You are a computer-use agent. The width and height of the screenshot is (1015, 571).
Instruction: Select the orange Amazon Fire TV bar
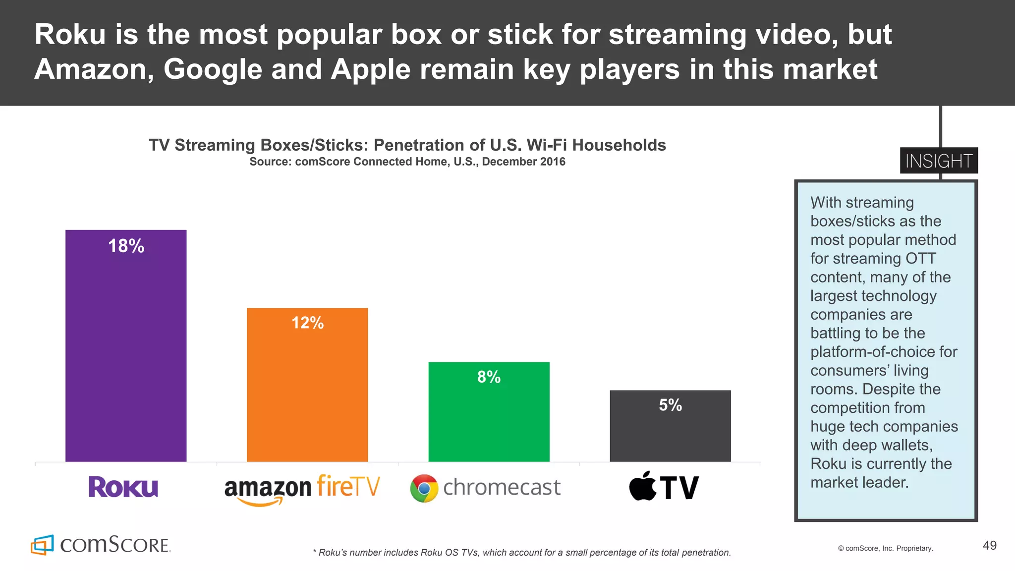tap(307, 392)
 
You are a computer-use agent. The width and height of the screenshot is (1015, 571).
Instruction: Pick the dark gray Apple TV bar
tap(670, 431)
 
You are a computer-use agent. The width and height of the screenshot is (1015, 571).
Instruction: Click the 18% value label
tap(126, 246)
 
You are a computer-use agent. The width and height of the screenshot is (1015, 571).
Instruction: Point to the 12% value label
tap(307, 323)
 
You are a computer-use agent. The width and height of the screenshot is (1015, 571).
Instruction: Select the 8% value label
tap(489, 377)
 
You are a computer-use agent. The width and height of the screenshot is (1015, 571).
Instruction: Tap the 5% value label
tap(670, 405)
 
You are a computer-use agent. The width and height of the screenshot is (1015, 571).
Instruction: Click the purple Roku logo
tap(123, 487)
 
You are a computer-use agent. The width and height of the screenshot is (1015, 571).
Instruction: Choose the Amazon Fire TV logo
tap(302, 489)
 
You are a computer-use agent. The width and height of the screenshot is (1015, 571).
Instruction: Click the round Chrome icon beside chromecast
tap(424, 488)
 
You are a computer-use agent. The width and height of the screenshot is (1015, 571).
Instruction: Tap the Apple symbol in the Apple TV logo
tap(642, 486)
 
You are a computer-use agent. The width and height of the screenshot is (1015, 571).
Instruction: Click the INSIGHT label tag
tap(939, 161)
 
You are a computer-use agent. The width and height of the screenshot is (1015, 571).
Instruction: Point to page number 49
tap(989, 546)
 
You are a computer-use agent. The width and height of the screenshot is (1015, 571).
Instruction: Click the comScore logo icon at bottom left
tap(42, 545)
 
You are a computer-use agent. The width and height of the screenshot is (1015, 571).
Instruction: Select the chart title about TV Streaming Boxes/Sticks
tap(407, 145)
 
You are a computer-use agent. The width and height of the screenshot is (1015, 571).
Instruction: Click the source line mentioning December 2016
tap(407, 162)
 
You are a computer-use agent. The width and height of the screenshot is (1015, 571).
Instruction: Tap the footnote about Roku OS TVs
tap(522, 552)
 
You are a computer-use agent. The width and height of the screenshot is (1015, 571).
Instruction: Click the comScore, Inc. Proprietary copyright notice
tap(885, 548)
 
